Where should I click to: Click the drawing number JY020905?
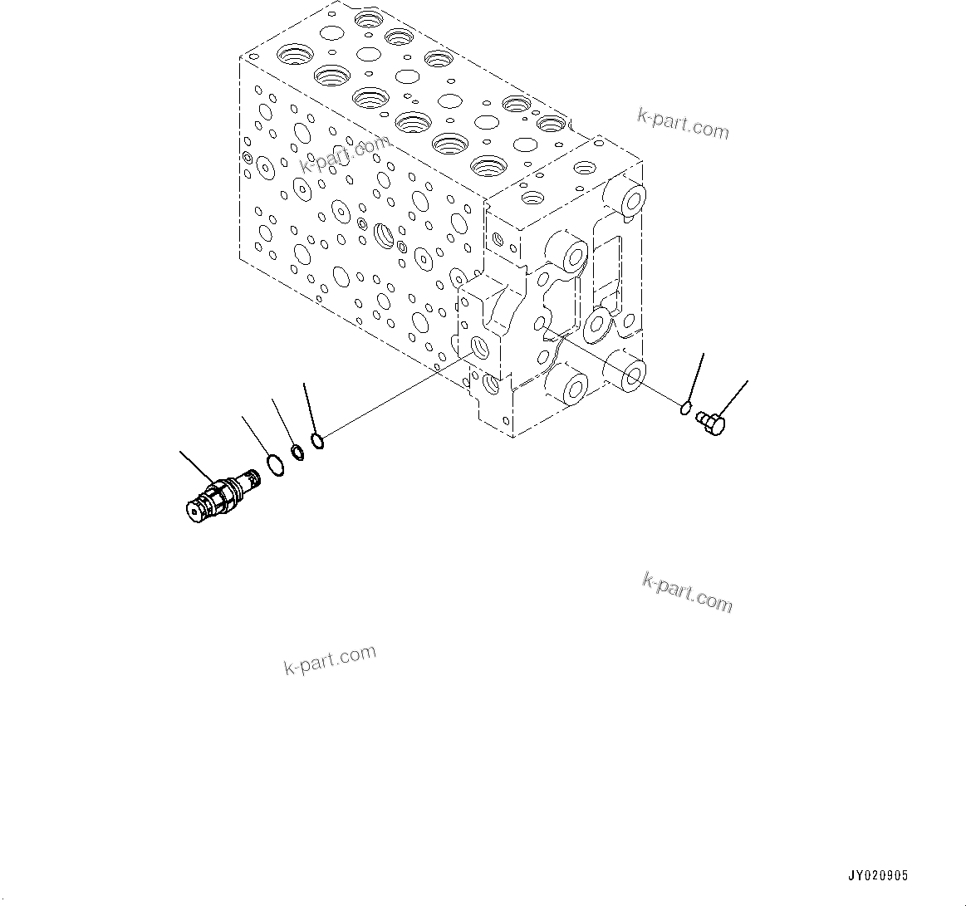pos(878,876)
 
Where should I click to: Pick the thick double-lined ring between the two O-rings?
pos(297,453)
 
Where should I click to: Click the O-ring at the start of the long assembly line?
pos(316,440)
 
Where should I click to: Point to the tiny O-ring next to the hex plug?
pos(685,407)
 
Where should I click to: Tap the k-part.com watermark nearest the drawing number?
pos(687,592)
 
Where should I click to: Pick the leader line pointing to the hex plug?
pos(733,398)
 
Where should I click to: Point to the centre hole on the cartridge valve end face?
pos(196,514)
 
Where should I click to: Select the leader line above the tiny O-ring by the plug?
pos(696,376)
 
